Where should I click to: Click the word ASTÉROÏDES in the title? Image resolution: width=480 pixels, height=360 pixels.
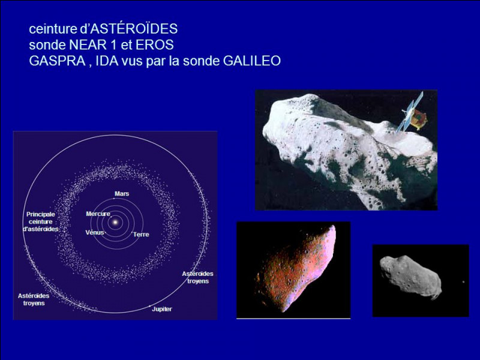coord(134,29)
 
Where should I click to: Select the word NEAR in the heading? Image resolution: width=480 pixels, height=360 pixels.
coord(88,45)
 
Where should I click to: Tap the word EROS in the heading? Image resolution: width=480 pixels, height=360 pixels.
coord(155,45)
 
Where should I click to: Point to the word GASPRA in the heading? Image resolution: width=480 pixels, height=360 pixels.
coord(57,61)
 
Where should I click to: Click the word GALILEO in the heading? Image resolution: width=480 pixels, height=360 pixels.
coord(252,61)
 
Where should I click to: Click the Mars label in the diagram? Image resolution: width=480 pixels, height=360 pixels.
coord(122,194)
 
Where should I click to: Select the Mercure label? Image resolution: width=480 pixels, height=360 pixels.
coord(98,214)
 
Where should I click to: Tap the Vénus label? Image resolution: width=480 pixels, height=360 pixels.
coord(95,232)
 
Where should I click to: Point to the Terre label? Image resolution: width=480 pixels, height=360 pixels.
coord(141,235)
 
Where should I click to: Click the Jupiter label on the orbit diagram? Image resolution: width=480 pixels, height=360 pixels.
coord(162,309)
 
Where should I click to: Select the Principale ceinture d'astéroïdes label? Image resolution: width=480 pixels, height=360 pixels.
coord(40,221)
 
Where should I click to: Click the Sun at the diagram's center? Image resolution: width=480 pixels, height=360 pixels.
coord(115,222)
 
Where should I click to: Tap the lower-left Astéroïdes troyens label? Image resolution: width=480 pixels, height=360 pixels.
coord(34,299)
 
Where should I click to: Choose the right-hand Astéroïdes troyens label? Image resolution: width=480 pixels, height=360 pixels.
coord(198,277)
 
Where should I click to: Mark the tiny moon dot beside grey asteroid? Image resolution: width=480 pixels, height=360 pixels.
coord(463,282)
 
